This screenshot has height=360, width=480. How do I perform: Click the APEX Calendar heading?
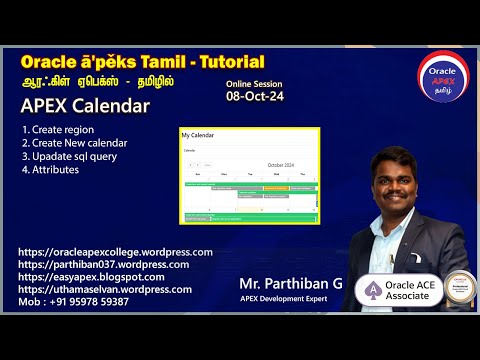coord(84,106)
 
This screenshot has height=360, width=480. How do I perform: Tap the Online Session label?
coord(254,85)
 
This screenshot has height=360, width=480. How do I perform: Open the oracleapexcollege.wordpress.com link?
coord(115,252)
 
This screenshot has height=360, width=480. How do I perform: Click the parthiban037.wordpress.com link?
coord(103,264)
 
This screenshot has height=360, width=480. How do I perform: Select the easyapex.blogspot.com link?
coord(91,276)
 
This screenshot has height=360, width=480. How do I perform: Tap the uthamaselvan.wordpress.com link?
coord(105,289)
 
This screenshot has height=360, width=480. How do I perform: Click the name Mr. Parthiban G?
coord(291,284)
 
